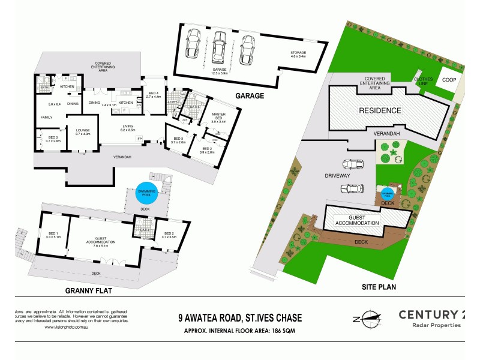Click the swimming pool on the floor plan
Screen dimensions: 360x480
point(146,191)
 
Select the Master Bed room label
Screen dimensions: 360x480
point(214,118)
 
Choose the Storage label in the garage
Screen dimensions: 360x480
point(298,53)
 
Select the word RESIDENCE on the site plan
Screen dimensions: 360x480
point(379,111)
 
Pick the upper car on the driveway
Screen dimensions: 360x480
point(352,164)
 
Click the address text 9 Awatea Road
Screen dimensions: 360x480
point(239,317)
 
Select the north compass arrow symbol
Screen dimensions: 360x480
point(367,317)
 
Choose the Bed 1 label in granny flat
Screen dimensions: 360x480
point(53,235)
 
